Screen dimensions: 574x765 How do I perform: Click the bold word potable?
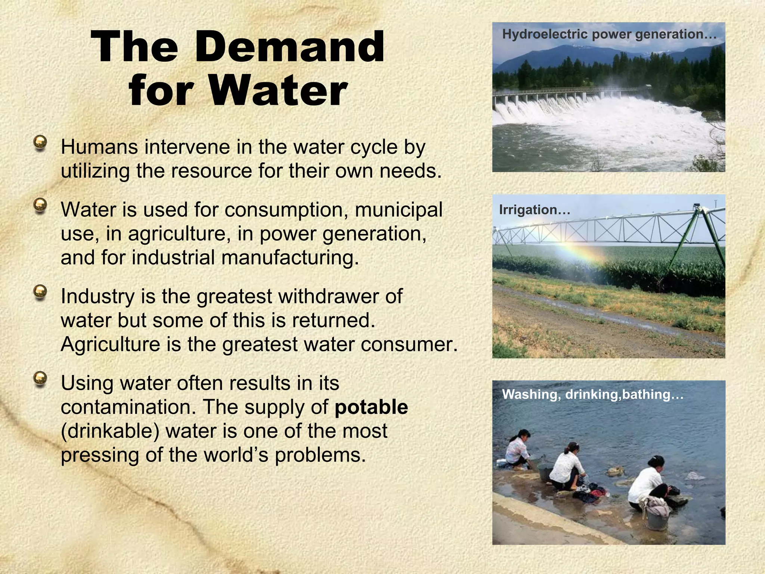371,407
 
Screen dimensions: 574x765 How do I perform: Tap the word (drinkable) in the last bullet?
110,431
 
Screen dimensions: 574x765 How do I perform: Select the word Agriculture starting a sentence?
110,345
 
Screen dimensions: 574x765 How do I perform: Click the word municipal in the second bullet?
398,210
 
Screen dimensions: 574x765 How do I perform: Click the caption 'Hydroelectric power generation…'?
609,34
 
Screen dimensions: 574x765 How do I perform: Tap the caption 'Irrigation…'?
535,210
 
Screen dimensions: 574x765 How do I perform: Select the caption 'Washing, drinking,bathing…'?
592,395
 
